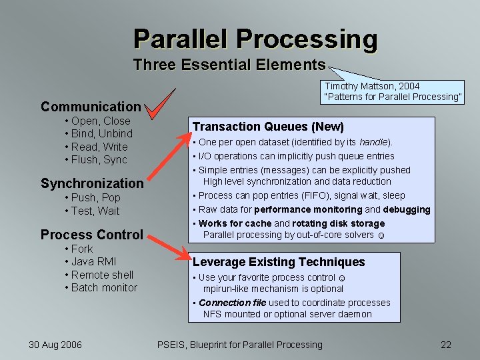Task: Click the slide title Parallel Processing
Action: (255, 39)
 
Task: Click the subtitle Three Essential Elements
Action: (229, 65)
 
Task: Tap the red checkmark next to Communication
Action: (162, 105)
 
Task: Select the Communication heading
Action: (91, 107)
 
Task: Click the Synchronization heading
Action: (92, 183)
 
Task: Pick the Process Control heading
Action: (92, 235)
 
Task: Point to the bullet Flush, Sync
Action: (99, 159)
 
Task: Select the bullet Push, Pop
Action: (95, 198)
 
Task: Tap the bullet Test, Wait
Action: (95, 211)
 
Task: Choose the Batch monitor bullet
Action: (104, 287)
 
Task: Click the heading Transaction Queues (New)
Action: (268, 127)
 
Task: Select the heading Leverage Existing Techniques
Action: (279, 262)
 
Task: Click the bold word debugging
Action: (407, 209)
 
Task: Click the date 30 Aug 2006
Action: (55, 345)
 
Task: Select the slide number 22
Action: (446, 345)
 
